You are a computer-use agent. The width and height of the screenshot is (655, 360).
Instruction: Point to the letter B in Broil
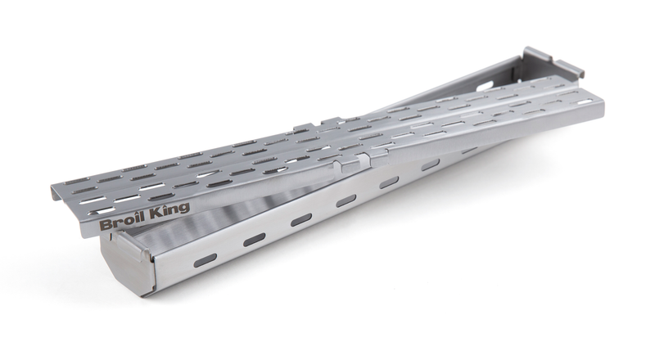point(105,224)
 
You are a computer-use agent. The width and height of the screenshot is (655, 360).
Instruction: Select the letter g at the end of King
point(184,209)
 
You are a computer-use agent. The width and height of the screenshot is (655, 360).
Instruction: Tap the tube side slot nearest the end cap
point(206,259)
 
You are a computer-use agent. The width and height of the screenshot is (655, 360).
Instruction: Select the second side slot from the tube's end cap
point(255,239)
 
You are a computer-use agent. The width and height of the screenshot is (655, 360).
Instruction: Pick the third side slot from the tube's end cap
point(301,219)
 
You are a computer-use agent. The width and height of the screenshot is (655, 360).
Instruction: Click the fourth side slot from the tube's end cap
point(346,201)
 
